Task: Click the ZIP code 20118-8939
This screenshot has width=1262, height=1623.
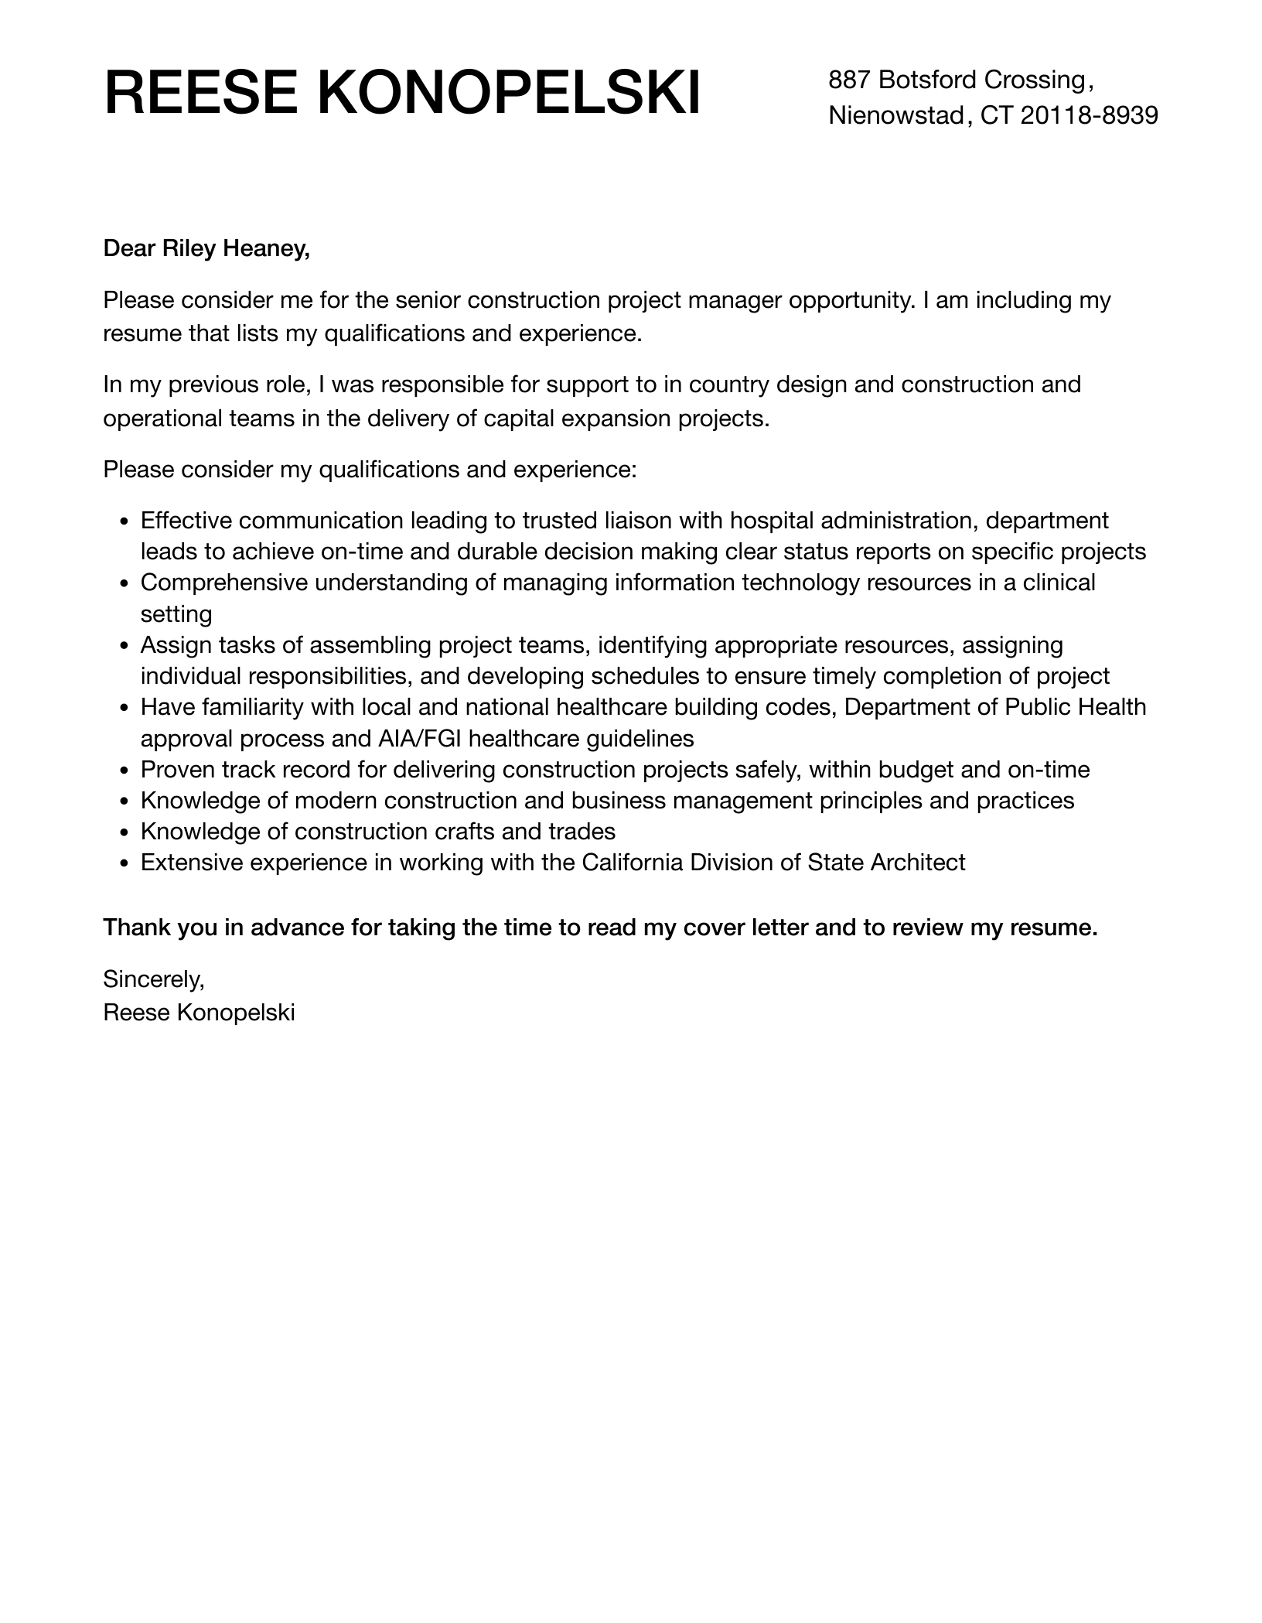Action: pos(1089,115)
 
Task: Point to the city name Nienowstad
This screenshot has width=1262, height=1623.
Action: pos(895,115)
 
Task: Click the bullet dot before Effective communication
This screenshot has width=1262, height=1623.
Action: pos(125,522)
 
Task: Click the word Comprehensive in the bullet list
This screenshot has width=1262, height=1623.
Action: pos(224,583)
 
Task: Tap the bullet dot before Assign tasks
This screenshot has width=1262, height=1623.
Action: pos(125,647)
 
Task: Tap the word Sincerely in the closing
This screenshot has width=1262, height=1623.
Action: pos(153,979)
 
